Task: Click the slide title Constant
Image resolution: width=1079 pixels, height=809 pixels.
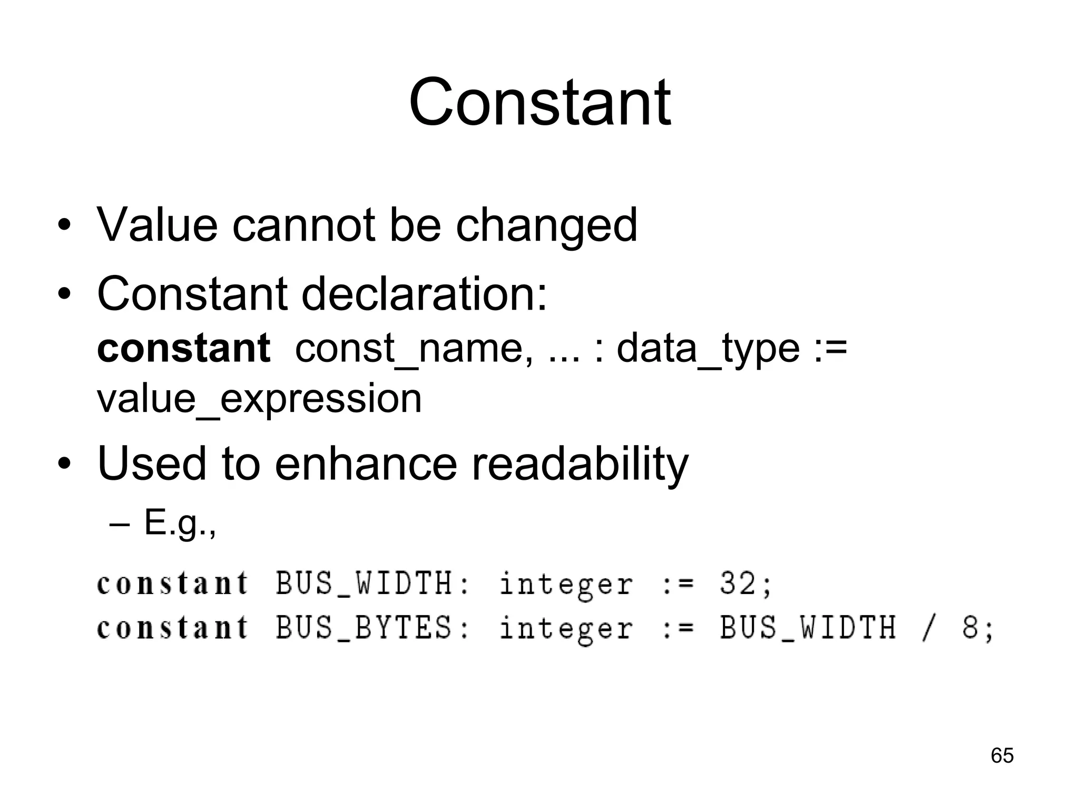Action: click(539, 102)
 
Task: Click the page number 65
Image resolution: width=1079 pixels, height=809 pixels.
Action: click(1002, 755)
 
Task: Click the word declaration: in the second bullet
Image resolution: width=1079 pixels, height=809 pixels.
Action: click(424, 294)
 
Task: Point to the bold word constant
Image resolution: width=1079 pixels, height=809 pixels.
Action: click(183, 348)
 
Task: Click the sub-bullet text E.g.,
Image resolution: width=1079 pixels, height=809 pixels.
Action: click(180, 524)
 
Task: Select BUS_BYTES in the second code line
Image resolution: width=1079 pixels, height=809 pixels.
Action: click(364, 628)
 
